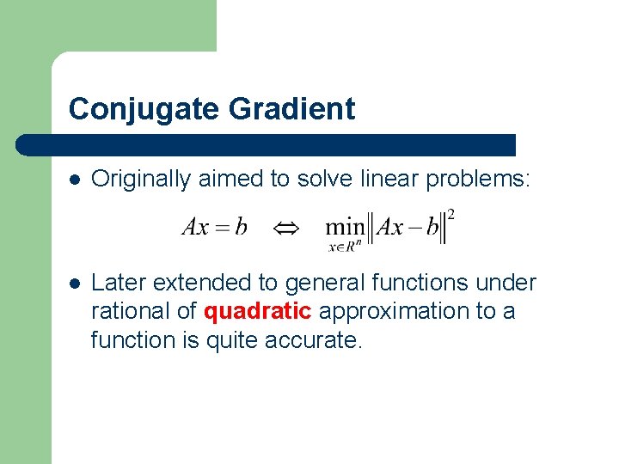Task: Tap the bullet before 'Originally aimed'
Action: click(75, 180)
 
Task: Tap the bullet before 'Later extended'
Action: click(75, 283)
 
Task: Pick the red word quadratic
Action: click(257, 311)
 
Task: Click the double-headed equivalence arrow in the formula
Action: click(285, 228)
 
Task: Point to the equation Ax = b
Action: click(215, 227)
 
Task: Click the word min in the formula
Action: click(344, 228)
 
